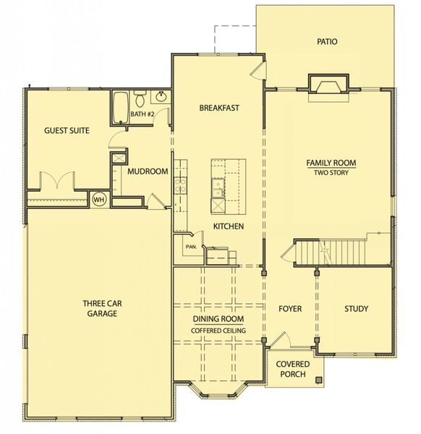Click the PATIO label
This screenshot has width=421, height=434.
click(x=327, y=41)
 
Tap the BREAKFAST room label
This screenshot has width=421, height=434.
click(x=219, y=108)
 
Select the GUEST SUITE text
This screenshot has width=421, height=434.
click(x=67, y=131)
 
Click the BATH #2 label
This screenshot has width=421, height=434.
click(x=143, y=114)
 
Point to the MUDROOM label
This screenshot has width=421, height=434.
click(x=148, y=171)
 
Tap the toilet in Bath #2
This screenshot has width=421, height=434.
click(x=142, y=98)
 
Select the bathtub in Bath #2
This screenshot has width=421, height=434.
click(x=121, y=106)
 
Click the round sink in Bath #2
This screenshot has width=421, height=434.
click(x=161, y=97)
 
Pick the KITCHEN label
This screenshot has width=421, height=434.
click(x=228, y=226)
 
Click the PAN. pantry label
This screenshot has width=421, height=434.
click(x=191, y=247)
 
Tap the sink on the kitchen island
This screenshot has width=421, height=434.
click(x=216, y=190)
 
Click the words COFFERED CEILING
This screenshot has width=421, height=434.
click(x=218, y=331)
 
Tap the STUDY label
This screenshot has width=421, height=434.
click(x=356, y=309)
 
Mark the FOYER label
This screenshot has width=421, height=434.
click(x=290, y=309)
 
